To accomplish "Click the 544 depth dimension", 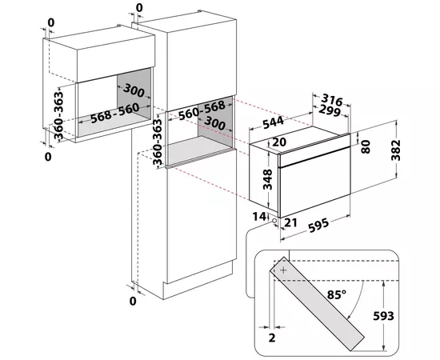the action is pos(274,122).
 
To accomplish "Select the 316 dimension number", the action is pos(332,100).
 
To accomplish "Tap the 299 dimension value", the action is pos(330,110).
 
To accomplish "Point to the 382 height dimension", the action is pos(396,150).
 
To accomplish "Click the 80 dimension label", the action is pos(366,146).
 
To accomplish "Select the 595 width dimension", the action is pos(318,226).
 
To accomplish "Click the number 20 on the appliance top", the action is pos(279,142).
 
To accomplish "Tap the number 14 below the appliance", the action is pos(259,217).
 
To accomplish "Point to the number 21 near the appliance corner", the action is pos(290,222).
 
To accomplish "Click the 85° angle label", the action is pos(337,294).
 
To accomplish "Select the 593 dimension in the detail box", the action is pos(383,316).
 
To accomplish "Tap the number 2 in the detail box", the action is pos(272,338).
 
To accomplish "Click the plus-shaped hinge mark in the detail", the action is pos(284,270).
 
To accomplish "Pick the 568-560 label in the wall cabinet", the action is pos(115,113).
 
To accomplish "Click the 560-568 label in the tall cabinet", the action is pos(202,110).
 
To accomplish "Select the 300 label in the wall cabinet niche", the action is pos(134,90).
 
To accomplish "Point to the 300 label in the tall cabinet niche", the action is pos(214,123).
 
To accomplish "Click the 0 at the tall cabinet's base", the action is pos(133,301).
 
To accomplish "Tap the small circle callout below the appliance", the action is pos(274,221).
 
